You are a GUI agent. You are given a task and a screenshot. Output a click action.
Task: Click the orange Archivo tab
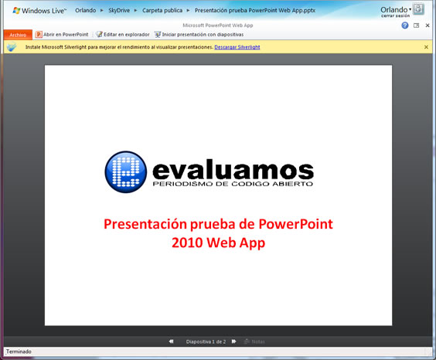(18, 35)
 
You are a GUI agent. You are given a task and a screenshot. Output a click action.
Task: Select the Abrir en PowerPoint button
(62, 35)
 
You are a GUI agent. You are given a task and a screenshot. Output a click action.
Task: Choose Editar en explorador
(123, 35)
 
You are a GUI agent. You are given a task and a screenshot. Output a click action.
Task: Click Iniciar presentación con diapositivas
(199, 35)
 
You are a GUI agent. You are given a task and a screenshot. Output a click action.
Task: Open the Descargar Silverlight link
(237, 47)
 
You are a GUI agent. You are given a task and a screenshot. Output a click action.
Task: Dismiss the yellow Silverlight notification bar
(426, 47)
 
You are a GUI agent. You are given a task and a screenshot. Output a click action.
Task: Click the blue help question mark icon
(405, 25)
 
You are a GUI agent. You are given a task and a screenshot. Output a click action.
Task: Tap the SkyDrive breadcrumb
(119, 11)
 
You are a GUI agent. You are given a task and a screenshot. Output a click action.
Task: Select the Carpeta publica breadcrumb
(162, 11)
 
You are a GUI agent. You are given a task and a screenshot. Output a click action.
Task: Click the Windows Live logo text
(39, 11)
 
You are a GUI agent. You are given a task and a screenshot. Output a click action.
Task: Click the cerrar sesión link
(395, 15)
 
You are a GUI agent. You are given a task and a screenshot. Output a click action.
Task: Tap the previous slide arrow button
(171, 341)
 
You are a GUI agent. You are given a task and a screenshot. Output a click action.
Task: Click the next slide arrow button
(234, 341)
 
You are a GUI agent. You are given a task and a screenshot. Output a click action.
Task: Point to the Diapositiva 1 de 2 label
(206, 341)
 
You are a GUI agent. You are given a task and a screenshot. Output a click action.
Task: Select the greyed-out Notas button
(254, 341)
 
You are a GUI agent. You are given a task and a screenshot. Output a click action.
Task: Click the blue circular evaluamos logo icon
(126, 172)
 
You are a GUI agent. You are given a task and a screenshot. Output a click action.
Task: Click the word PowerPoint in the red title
(295, 224)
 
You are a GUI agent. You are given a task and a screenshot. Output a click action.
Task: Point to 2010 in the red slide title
(187, 243)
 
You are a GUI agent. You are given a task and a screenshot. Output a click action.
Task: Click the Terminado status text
(19, 352)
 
